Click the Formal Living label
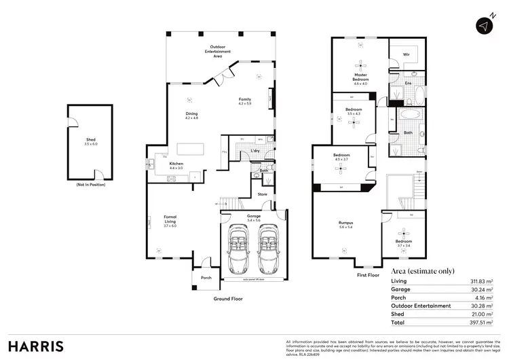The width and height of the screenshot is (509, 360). pos(170,221)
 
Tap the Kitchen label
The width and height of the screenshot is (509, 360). pos(176,165)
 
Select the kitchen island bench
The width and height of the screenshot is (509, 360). pos(191,148)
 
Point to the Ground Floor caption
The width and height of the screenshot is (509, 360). pos(228,298)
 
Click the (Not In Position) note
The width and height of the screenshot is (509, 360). pos(90,185)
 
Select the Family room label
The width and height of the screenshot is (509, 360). pos(245,101)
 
